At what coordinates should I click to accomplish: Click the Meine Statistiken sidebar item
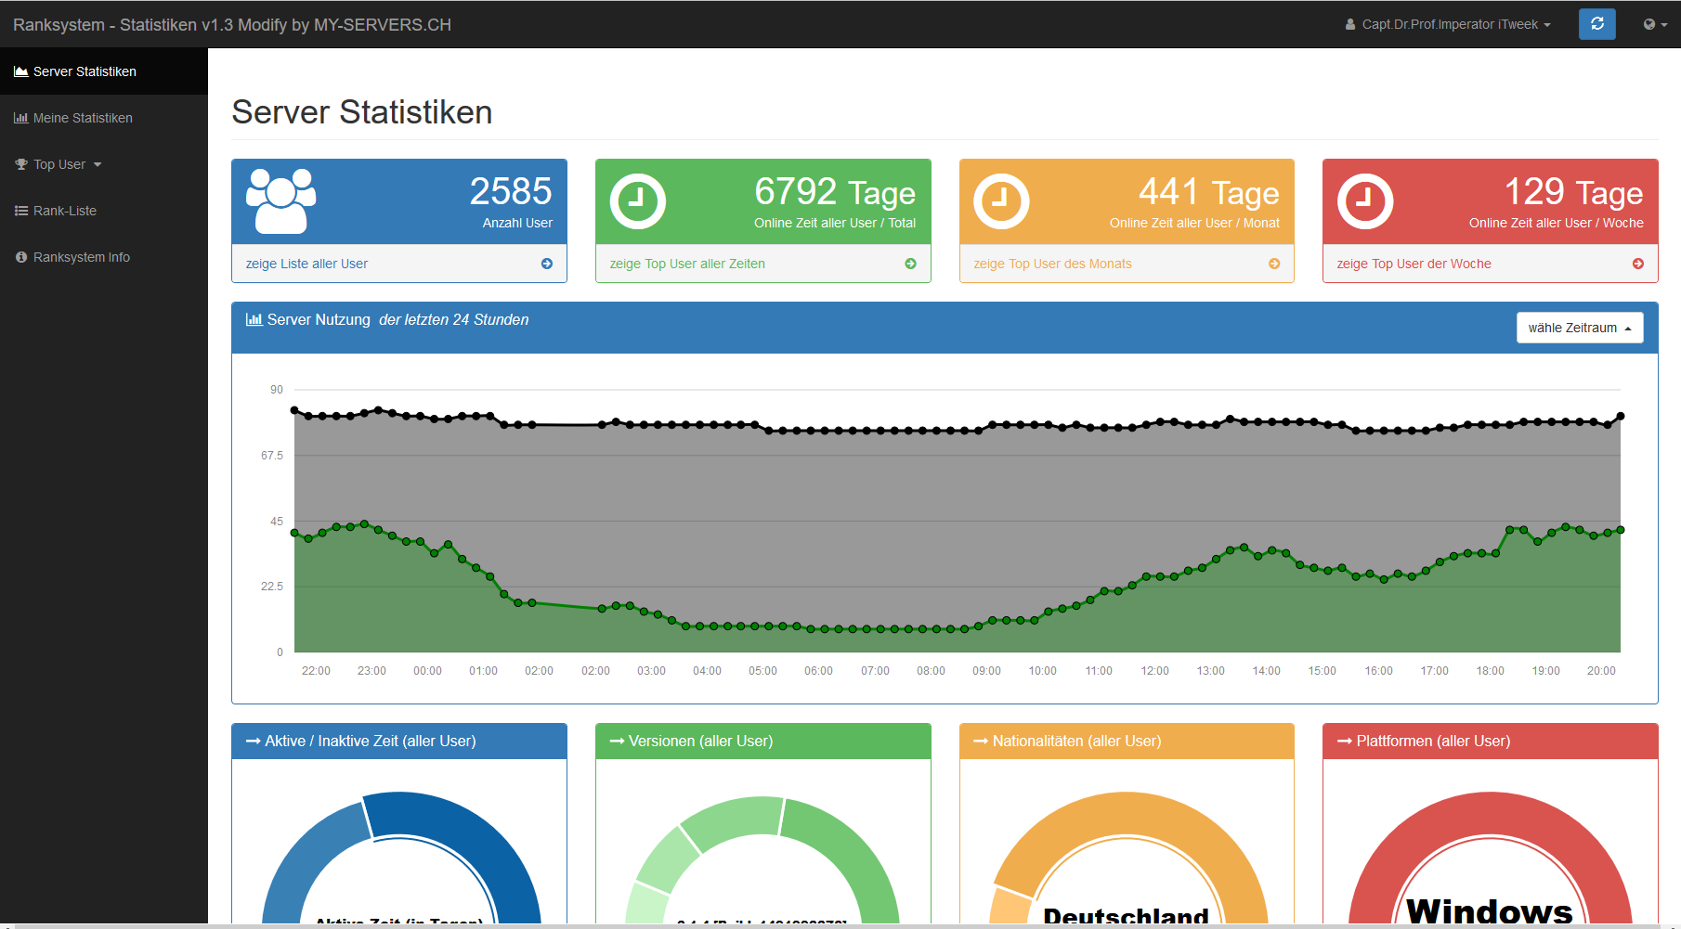(83, 118)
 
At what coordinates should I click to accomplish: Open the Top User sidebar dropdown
(59, 164)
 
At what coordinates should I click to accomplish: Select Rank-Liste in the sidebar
(65, 211)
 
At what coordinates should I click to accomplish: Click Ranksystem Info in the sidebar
(82, 257)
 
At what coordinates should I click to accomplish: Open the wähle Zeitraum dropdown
(1579, 328)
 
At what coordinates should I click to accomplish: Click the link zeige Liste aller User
(306, 264)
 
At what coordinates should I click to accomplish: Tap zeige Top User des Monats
(1052, 264)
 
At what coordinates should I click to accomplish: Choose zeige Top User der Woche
(1414, 264)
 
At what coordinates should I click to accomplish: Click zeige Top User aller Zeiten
(687, 264)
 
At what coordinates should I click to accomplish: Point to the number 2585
(511, 191)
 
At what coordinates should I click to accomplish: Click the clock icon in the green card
(638, 200)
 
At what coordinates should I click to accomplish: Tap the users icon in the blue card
(280, 200)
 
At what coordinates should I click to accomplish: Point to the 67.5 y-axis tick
(272, 456)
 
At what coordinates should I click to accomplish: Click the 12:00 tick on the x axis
(1154, 671)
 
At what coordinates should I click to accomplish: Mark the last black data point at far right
(1621, 417)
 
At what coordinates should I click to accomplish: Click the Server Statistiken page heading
(362, 112)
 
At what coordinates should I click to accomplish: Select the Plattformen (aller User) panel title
(1433, 741)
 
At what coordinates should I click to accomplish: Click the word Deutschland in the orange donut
(1126, 915)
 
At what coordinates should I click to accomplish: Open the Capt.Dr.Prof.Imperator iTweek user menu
(1450, 24)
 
